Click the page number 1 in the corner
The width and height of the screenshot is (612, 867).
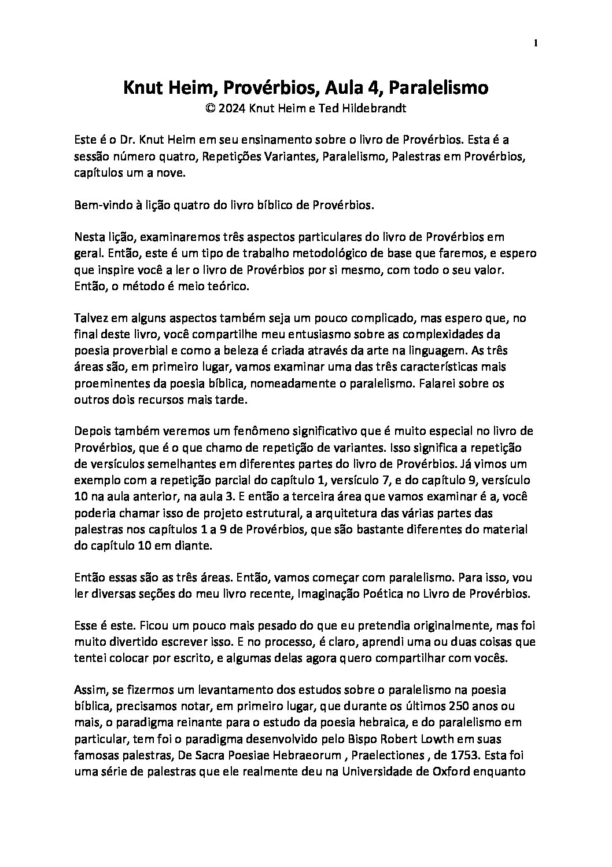(535, 43)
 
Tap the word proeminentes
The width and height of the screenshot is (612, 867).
(108, 383)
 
